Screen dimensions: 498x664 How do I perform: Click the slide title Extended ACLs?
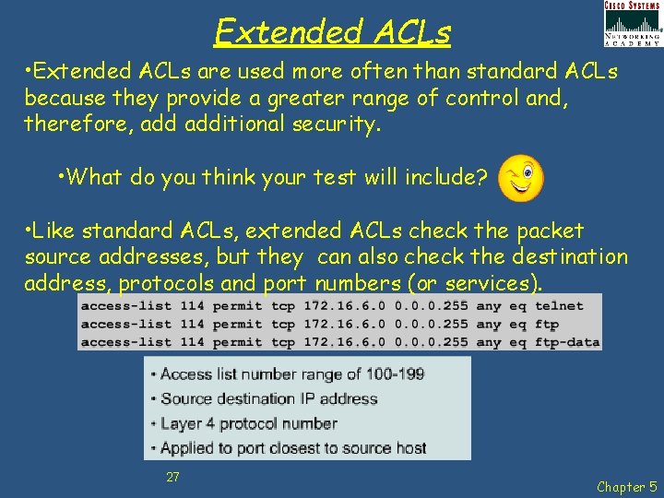click(x=332, y=32)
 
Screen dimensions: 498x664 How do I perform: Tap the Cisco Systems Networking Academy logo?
click(x=632, y=24)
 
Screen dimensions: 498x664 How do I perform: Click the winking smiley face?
click(x=520, y=177)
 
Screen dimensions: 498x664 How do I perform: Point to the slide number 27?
click(x=172, y=477)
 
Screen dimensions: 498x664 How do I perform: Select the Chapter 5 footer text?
click(x=626, y=486)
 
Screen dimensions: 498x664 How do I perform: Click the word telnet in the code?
click(x=559, y=305)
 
